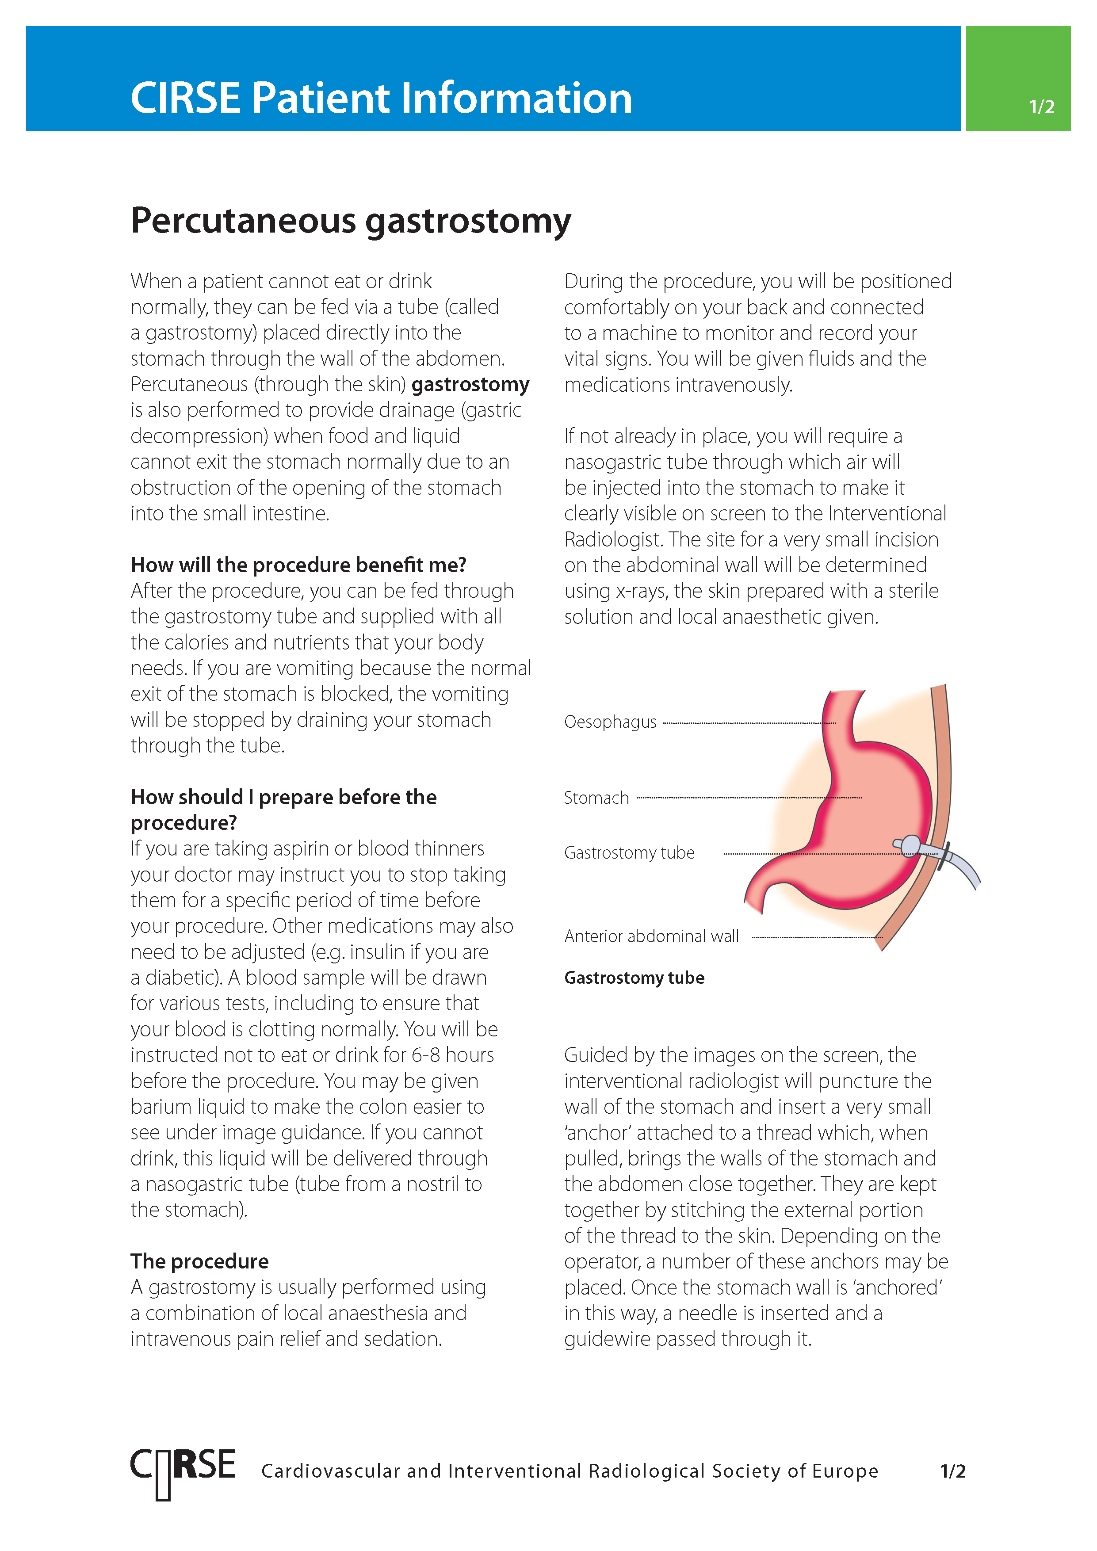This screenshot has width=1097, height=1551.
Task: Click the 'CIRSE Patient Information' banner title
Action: pyautogui.click(x=381, y=98)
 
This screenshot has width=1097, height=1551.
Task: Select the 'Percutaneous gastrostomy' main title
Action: pyautogui.click(x=351, y=221)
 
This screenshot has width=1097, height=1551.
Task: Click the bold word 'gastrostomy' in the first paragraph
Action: pyautogui.click(x=470, y=384)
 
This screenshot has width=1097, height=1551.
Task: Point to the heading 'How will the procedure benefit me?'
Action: pyautogui.click(x=298, y=565)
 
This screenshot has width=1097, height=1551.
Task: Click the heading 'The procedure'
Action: pyautogui.click(x=199, y=1261)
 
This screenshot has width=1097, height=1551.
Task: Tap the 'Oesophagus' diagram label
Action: pyautogui.click(x=610, y=722)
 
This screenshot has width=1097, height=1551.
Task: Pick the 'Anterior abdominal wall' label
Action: pyautogui.click(x=651, y=936)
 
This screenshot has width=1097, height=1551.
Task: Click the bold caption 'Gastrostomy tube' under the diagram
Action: pyautogui.click(x=634, y=978)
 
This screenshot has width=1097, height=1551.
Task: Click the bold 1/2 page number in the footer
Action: pyautogui.click(x=952, y=1471)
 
